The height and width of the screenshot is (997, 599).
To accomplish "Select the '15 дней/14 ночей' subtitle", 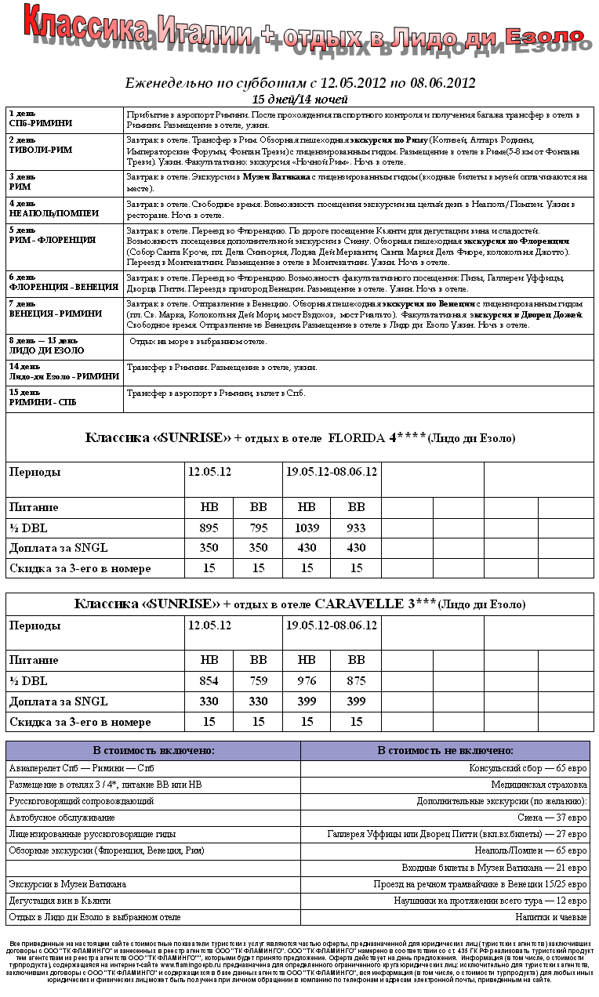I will tap(300, 100).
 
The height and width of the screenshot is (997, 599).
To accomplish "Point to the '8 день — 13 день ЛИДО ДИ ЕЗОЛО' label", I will tap(47, 346).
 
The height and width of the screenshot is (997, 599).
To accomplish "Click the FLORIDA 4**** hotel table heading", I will tap(299, 437).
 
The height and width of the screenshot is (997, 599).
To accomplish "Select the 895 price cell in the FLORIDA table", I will tap(209, 528).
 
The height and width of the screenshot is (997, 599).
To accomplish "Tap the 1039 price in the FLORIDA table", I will tap(307, 528).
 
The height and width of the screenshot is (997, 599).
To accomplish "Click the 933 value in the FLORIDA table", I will tap(356, 528).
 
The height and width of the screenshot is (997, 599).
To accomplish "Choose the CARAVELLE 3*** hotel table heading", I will tap(299, 604).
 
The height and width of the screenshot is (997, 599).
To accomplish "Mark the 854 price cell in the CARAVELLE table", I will tap(209, 681).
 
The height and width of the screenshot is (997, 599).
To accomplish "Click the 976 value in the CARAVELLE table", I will tap(307, 681).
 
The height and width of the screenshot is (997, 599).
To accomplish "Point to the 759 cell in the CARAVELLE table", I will tap(258, 681).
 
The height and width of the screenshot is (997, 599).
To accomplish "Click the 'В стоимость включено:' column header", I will tap(153, 750).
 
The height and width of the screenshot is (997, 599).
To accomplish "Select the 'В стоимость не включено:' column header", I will tap(445, 750).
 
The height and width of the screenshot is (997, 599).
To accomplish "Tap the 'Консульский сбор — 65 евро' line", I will tap(528, 769).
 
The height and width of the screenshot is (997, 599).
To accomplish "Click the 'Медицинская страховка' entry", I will tap(539, 785).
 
